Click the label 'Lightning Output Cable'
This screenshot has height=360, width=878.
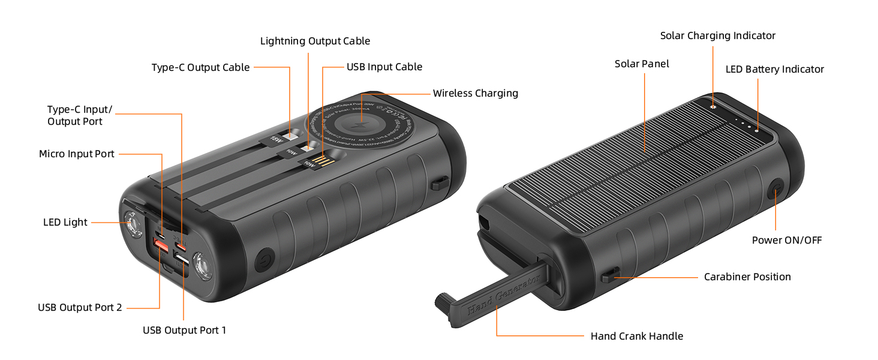click(x=315, y=41)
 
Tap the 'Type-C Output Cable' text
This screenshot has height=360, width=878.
click(x=200, y=68)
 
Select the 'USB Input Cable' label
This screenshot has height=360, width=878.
click(x=384, y=67)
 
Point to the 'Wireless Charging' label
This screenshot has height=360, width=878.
click(x=475, y=93)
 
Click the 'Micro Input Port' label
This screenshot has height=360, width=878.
click(x=76, y=154)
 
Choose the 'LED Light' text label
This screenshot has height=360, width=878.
click(x=65, y=223)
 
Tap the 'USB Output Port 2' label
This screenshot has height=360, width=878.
click(x=80, y=308)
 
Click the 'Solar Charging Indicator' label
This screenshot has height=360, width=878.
click(x=717, y=36)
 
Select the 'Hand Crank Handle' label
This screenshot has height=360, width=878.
click(x=636, y=336)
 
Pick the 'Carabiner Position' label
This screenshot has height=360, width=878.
click(x=747, y=277)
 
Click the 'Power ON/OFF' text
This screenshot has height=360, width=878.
click(x=786, y=241)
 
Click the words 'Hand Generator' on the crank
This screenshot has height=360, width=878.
click(x=503, y=295)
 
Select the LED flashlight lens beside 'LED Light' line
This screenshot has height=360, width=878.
click(x=131, y=225)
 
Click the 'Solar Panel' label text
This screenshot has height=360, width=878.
click(x=642, y=64)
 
